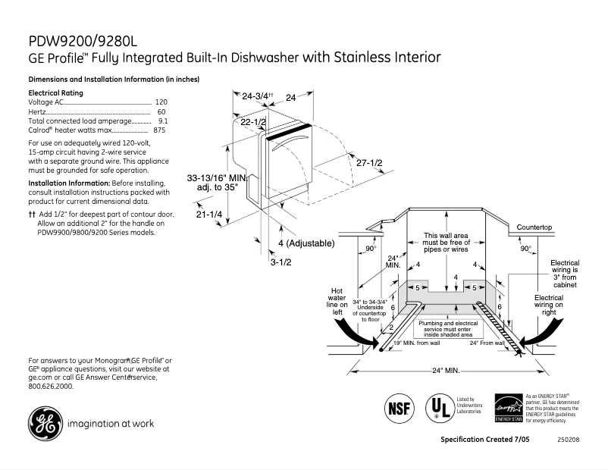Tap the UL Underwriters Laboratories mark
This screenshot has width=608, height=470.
click(x=437, y=407)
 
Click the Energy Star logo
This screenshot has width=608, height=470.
click(x=508, y=408)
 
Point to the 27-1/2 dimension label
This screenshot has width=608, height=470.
click(x=369, y=163)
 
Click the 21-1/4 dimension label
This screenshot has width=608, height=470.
click(x=208, y=215)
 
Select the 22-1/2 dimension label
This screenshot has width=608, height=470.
click(x=253, y=121)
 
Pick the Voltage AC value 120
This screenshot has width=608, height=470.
click(x=161, y=102)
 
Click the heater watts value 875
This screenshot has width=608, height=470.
click(x=159, y=130)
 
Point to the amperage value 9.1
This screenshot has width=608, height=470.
click(x=162, y=121)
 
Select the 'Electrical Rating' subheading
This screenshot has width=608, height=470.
click(x=55, y=92)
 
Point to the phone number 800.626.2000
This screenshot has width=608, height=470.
click(x=51, y=386)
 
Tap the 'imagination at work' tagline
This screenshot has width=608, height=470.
click(x=111, y=424)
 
